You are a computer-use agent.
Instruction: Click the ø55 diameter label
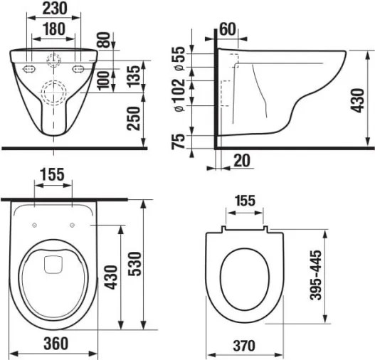(179, 59)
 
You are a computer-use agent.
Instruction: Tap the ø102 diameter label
(179, 91)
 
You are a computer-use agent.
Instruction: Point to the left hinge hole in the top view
(34, 226)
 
